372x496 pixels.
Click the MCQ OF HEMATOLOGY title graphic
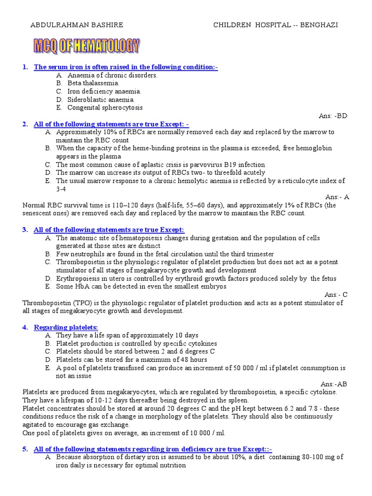point(86,46)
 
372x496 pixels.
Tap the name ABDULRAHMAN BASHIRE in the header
point(77,25)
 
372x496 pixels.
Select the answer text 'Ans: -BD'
point(333,116)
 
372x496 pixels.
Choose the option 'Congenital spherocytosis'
point(105,108)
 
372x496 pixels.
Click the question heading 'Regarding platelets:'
point(66,327)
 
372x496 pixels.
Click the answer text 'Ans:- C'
point(336,294)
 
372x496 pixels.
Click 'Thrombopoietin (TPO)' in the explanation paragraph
point(55,303)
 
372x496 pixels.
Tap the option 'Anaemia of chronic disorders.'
point(112,75)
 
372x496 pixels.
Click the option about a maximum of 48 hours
point(131,360)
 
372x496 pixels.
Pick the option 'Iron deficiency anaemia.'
point(104,92)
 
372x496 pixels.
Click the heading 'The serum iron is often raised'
point(125,67)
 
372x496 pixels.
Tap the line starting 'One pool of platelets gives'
point(124,433)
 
